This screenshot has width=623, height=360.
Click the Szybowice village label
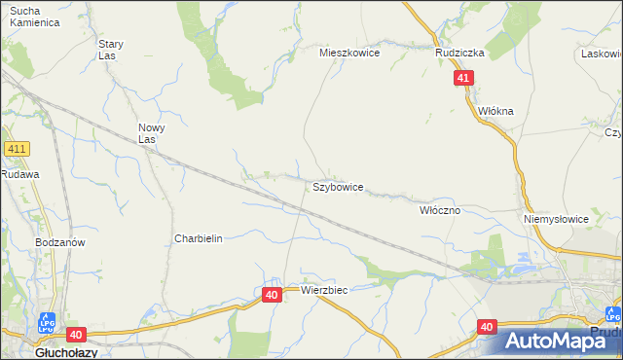coord(338,186)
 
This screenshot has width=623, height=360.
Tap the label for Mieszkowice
coord(349,54)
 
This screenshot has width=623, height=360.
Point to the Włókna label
coord(495,112)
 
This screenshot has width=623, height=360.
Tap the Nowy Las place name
coord(152,133)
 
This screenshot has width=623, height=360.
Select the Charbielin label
coord(199,238)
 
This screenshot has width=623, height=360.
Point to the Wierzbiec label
coord(324,290)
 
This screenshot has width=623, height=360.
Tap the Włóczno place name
coord(439,209)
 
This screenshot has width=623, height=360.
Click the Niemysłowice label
coord(556,219)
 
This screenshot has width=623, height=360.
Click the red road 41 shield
coord(463,78)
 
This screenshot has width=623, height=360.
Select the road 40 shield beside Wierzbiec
coord(272,294)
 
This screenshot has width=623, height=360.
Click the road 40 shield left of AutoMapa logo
coord(488,327)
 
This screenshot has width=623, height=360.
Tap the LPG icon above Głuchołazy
coord(47,322)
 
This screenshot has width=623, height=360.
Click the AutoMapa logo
coord(550,341)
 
